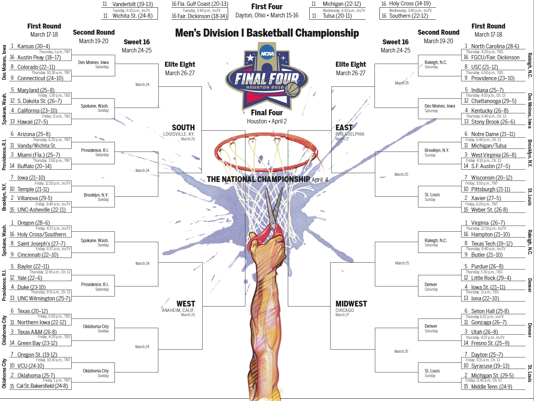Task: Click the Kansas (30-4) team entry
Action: [34, 46]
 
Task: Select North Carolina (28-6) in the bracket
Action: [495, 46]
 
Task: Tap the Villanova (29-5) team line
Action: [35, 198]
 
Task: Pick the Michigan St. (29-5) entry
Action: [492, 376]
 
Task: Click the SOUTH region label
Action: [183, 128]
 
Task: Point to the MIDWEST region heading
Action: [351, 304]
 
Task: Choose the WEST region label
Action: [186, 304]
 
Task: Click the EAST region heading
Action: [344, 128]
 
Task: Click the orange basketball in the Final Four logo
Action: [292, 90]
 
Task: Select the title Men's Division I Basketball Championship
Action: [267, 33]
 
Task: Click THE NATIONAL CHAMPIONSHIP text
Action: [258, 179]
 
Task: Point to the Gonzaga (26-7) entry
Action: [489, 322]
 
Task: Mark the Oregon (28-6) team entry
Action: [33, 223]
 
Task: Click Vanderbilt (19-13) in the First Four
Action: [133, 4]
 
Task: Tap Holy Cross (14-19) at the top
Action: [410, 3]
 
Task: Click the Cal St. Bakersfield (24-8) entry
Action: [42, 386]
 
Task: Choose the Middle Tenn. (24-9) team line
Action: [491, 387]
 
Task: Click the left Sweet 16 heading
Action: [137, 42]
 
